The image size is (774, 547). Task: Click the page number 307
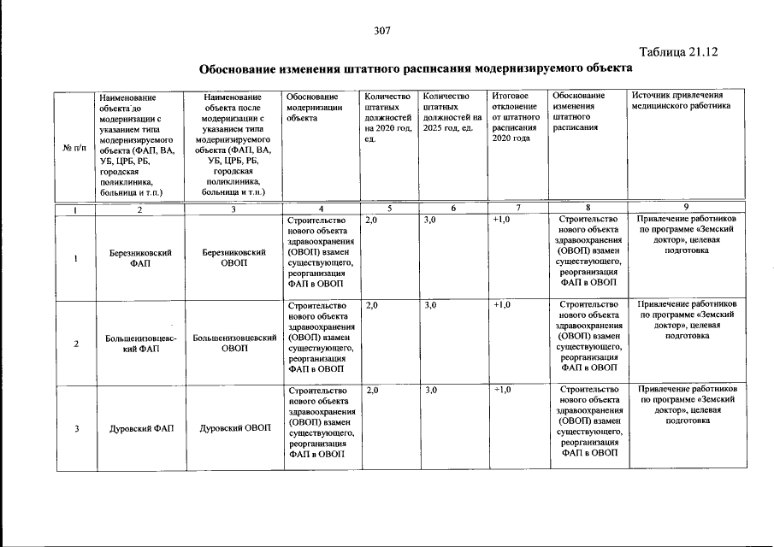click(x=382, y=31)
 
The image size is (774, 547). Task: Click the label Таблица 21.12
click(x=678, y=51)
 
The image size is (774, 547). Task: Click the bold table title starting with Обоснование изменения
click(x=416, y=68)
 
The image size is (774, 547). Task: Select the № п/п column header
click(x=73, y=147)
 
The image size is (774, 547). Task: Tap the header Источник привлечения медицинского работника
click(x=682, y=102)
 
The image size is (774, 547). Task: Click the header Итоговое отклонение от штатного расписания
click(x=515, y=116)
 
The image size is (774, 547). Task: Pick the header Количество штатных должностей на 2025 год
click(x=452, y=112)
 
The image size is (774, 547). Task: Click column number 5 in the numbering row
click(x=388, y=209)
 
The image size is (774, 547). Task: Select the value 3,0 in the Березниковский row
click(x=430, y=220)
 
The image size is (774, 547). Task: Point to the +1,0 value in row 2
click(x=502, y=304)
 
